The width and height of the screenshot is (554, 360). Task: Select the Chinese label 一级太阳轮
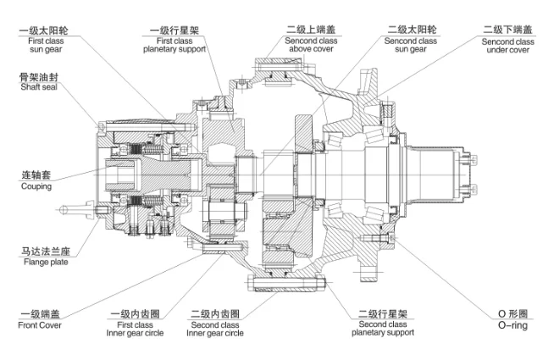pyautogui.click(x=43, y=30)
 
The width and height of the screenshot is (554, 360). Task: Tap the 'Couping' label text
pyautogui.click(x=36, y=186)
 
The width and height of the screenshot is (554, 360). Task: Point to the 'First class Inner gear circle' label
pyautogui.click(x=133, y=329)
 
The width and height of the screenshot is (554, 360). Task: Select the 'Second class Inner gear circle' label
pyautogui.click(x=217, y=329)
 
